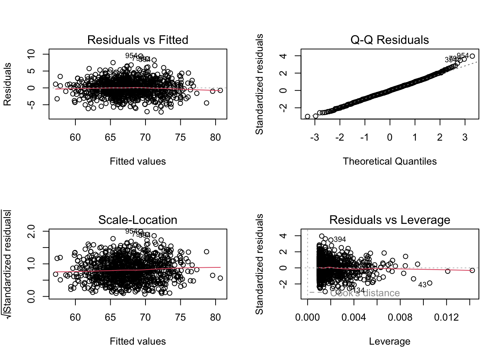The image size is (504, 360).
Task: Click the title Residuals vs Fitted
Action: pos(138,40)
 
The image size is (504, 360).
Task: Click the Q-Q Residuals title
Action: pos(390,40)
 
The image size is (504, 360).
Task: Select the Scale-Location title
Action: pos(138,220)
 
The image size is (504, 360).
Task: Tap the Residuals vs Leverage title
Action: pos(390,220)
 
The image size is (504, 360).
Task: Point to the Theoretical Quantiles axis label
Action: pos(390,161)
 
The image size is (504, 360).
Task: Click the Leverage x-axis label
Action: pos(390,341)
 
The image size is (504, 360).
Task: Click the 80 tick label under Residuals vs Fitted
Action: pos(215,138)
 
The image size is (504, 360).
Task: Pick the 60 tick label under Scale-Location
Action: pos(75,318)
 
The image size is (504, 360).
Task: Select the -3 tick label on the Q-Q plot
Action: pos(315,138)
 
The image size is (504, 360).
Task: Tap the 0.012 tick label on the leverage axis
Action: pos(446,318)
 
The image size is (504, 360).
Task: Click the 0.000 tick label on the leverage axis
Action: pos(307,318)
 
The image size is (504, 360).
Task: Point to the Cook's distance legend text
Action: pos(364,293)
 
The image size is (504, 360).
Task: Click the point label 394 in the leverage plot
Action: pos(340,239)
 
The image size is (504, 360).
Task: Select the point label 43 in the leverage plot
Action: pos(422,285)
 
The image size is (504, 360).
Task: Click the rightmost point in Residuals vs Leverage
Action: pos(472,270)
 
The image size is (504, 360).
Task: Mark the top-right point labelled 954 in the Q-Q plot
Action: pos(472,56)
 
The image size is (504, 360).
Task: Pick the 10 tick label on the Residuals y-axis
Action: pos(31,54)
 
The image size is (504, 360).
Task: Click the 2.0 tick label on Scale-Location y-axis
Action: pos(31,231)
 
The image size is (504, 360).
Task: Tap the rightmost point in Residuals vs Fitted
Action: pos(220,90)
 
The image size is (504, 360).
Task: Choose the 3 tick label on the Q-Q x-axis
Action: pos(465,138)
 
